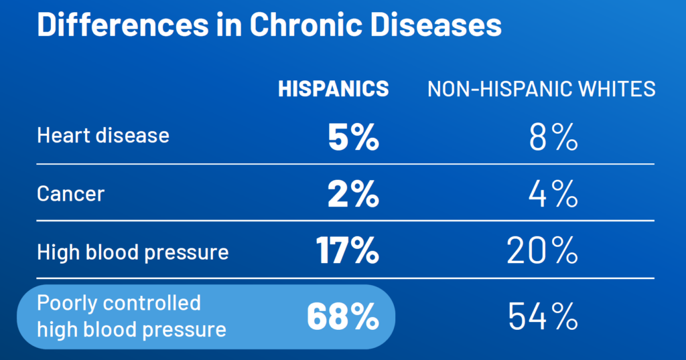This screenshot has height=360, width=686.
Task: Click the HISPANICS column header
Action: click(333, 89)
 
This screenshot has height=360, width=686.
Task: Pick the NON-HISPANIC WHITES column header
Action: click(541, 89)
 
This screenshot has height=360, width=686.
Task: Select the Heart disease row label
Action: click(103, 136)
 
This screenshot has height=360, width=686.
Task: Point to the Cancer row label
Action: click(71, 194)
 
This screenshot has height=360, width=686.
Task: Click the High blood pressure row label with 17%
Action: click(133, 252)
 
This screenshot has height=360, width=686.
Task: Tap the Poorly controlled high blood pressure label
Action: click(131, 316)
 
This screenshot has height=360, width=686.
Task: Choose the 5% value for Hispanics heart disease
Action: click(353, 137)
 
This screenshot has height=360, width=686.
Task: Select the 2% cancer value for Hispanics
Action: click(353, 195)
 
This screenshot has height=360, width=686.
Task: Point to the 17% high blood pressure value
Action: click(347, 252)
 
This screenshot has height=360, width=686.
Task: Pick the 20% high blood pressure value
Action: click(543, 252)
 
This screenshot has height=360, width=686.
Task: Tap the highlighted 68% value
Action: click(343, 317)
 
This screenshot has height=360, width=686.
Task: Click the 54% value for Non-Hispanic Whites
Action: click(543, 317)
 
